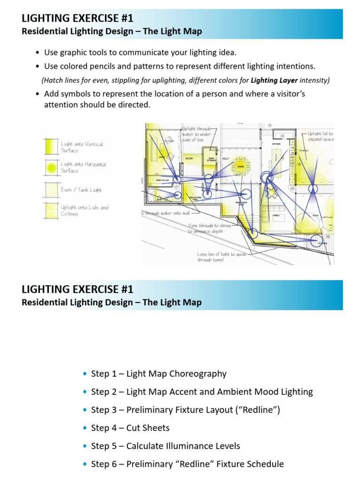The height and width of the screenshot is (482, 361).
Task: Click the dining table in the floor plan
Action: [240, 166]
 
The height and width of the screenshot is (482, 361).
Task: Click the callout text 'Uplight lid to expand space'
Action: [321, 137]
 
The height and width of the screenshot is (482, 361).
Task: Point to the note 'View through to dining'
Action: [209, 228]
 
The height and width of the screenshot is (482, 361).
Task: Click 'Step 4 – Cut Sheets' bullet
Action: [130, 428]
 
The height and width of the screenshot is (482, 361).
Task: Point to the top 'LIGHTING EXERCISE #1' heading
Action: [78, 19]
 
